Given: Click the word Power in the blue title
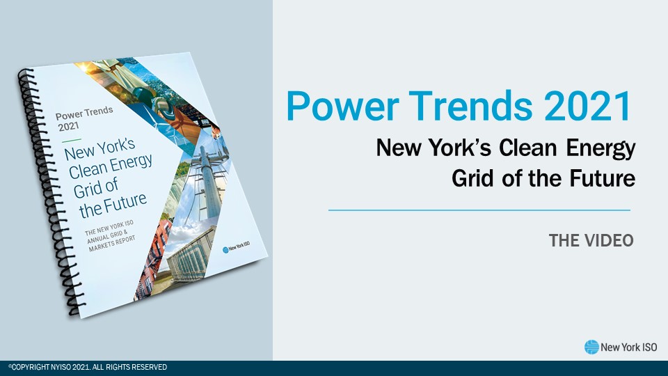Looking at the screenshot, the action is click(x=342, y=106).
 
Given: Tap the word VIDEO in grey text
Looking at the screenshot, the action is click(x=611, y=240).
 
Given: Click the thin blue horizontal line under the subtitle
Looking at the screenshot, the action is click(x=479, y=210).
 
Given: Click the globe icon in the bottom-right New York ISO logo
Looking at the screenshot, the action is click(x=591, y=347).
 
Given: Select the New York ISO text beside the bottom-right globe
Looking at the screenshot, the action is click(x=629, y=347).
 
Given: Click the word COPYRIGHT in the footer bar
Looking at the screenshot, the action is click(x=31, y=367).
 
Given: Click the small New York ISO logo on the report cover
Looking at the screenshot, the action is click(x=236, y=247).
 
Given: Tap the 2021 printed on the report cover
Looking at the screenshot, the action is click(x=69, y=127).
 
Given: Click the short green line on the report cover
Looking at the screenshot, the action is click(x=71, y=140).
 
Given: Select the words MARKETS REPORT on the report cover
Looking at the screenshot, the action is click(x=112, y=244).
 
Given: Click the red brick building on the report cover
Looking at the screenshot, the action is click(x=154, y=256).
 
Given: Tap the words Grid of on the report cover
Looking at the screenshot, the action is click(x=96, y=187).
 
